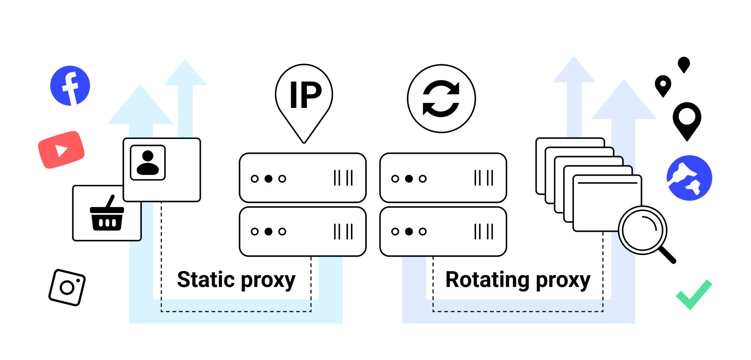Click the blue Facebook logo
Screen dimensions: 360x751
pyautogui.click(x=70, y=86)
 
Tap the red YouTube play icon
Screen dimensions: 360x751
pyautogui.click(x=61, y=150)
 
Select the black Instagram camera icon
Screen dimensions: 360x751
pyautogui.click(x=67, y=287)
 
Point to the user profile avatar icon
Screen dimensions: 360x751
pyautogui.click(x=148, y=163)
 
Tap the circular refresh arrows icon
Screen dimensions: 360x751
pyautogui.click(x=441, y=99)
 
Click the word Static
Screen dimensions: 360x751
pyautogui.click(x=206, y=280)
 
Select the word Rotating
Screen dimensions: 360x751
pyautogui.click(x=487, y=280)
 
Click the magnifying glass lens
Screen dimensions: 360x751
pyautogui.click(x=642, y=230)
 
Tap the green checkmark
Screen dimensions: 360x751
pyautogui.click(x=694, y=295)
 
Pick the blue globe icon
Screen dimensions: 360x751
pyautogui.click(x=689, y=178)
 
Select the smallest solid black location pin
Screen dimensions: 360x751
pyautogui.click(x=684, y=64)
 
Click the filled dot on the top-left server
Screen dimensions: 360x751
pyautogui.click(x=268, y=178)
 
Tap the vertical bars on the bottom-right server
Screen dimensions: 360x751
pyautogui.click(x=484, y=232)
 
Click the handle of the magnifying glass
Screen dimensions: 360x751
pyautogui.click(x=667, y=254)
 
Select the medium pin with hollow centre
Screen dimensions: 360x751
pyautogui.click(x=663, y=85)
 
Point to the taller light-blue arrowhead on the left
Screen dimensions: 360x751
pyautogui.click(x=185, y=73)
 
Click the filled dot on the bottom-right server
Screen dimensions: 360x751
pyautogui.click(x=409, y=232)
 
